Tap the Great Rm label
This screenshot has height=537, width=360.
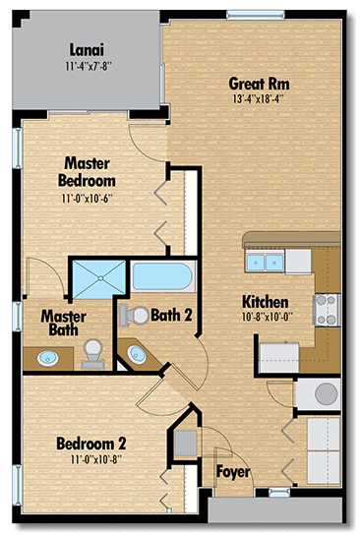[x=260, y=83]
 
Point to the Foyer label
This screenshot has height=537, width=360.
[x=232, y=473]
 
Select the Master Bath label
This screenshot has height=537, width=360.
[x=62, y=325]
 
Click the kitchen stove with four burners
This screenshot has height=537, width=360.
[x=326, y=309]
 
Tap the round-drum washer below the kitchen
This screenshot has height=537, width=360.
[x=323, y=393]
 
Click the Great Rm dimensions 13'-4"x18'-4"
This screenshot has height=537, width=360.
[x=260, y=98]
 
